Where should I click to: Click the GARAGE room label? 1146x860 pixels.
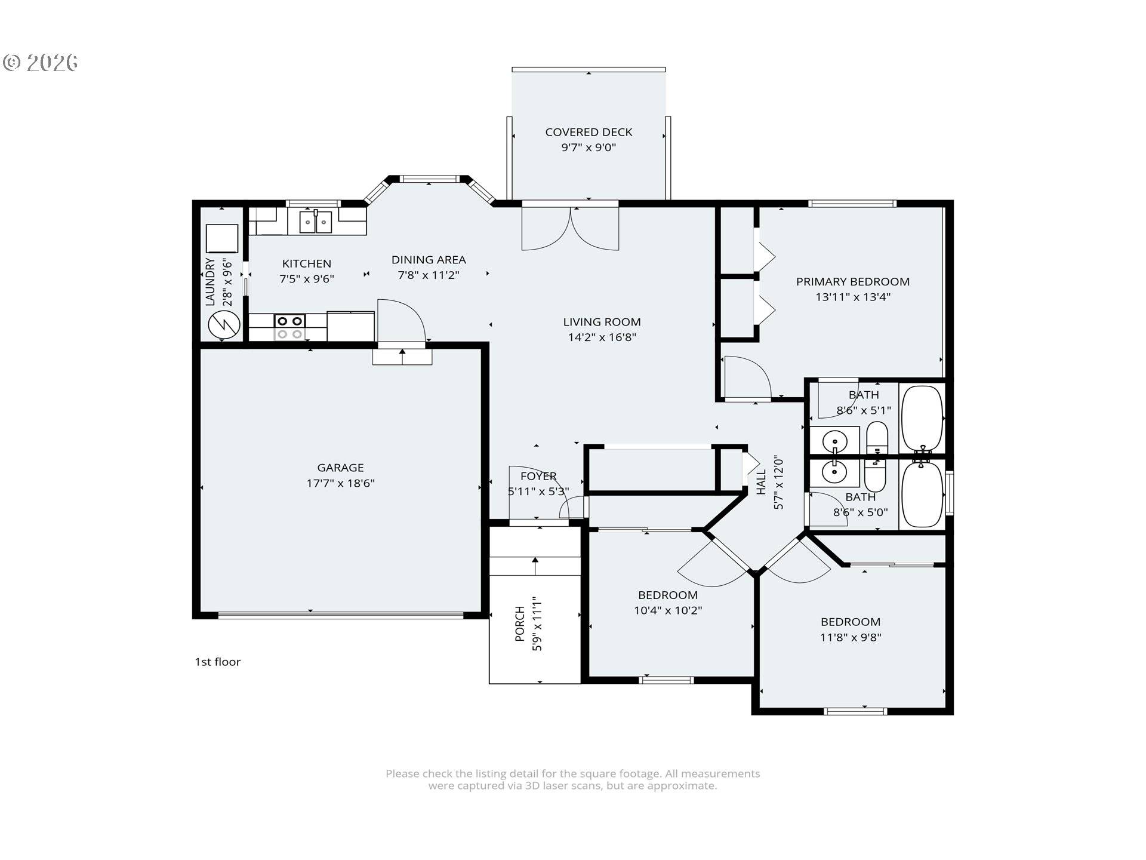340,468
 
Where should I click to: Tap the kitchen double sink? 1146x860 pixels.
315,222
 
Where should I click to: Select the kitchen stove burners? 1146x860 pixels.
289,328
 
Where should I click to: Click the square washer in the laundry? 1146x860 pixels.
222,238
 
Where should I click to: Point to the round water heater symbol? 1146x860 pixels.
224,325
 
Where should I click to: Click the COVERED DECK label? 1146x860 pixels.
589,132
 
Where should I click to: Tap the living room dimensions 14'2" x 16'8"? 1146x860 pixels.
602,337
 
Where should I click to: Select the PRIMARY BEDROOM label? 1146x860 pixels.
852,281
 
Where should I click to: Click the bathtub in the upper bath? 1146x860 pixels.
922,419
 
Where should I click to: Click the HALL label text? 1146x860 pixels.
762,482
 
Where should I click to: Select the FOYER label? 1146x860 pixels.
538,476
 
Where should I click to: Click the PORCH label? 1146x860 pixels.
520,623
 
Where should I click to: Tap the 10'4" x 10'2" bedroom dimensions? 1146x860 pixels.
667,610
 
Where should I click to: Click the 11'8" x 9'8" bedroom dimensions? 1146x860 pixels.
850,637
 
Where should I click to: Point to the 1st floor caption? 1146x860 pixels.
217,662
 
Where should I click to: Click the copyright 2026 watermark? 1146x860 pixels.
41,63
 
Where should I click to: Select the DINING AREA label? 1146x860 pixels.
429,260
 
